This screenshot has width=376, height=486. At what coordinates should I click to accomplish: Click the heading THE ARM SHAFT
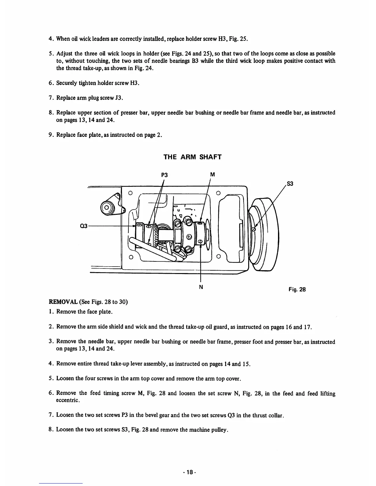192,157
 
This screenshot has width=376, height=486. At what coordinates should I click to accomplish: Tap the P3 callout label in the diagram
165,175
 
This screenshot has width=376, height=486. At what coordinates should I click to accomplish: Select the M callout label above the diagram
212,175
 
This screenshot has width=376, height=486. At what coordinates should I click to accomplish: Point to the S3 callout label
290,184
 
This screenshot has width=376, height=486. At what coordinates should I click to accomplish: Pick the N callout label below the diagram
201,287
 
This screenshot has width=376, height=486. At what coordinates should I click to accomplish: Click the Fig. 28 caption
297,289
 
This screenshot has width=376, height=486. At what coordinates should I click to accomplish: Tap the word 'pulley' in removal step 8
219,429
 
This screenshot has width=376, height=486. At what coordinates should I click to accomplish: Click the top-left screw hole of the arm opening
130,193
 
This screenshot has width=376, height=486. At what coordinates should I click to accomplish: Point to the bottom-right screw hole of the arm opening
218,256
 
